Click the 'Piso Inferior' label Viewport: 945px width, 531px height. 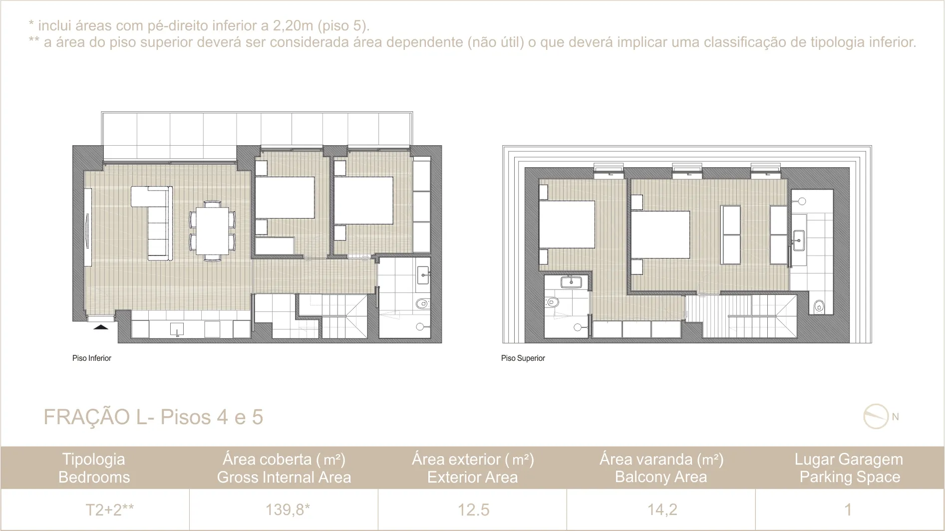pos(92,358)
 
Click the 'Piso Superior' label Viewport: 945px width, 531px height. pos(523,358)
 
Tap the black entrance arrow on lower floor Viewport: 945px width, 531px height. pos(101,327)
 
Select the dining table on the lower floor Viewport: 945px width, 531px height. pos(213,231)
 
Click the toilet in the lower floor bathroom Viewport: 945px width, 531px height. pos(422,302)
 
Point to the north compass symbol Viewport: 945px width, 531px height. pos(876,416)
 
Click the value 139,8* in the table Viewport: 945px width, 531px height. pos(288,510)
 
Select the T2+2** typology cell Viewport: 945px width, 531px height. pos(109,510)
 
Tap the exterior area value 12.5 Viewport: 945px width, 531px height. pos(473,510)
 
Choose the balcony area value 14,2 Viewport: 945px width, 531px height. pos(662,510)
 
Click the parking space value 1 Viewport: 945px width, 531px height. pos(848,510)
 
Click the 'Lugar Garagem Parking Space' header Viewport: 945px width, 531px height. pos(849,468)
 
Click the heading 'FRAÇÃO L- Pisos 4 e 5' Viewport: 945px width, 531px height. pos(153,417)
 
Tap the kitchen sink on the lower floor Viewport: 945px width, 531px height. pos(177,329)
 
